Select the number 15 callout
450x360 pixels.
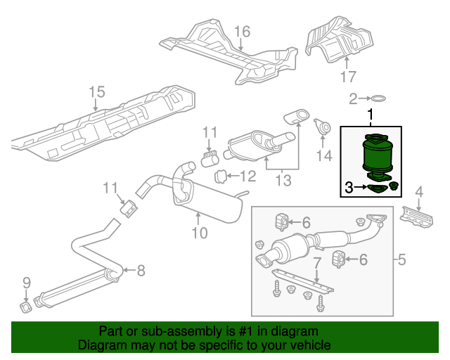(x=96, y=91)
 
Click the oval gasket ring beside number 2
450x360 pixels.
(x=378, y=98)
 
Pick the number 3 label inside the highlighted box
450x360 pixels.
(x=349, y=187)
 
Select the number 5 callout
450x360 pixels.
(x=402, y=261)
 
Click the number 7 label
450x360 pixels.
(x=317, y=263)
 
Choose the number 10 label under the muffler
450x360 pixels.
(x=200, y=232)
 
